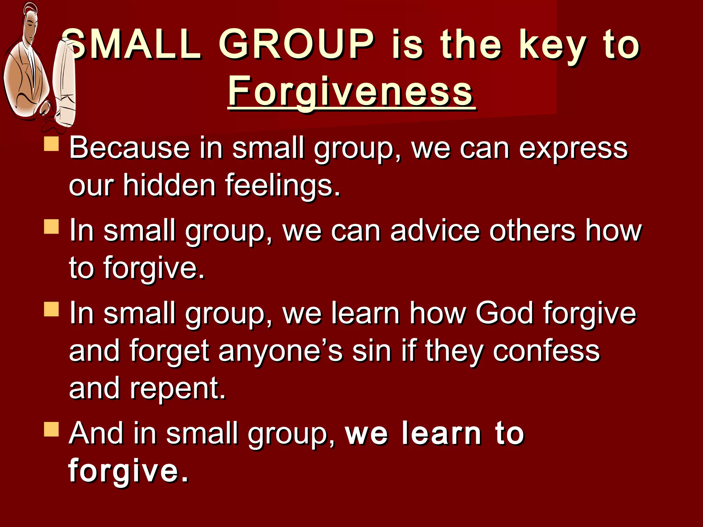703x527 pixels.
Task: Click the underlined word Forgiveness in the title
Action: pos(351,92)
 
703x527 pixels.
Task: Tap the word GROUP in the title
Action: pos(296,45)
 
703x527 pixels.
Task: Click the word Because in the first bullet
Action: pos(129,148)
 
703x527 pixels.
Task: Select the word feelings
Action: pos(282,186)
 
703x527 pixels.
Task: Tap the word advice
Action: pos(435,231)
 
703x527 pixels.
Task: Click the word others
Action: pos(532,231)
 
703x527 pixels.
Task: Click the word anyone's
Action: pos(280,351)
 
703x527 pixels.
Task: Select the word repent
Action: pos(177,389)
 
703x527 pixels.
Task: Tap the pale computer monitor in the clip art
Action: pos(64,82)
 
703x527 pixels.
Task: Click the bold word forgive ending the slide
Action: pos(128,470)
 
